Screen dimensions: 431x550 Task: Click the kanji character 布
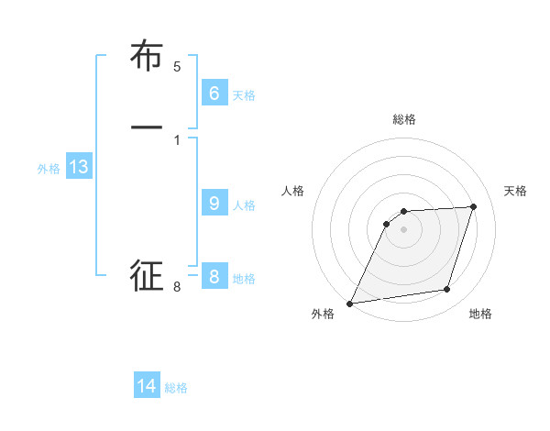[x=147, y=57]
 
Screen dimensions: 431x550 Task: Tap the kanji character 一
[x=147, y=127]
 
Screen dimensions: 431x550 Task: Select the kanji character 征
[x=147, y=276]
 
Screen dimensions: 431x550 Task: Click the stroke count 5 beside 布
[x=177, y=66]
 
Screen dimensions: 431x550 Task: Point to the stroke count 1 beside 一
[x=177, y=139]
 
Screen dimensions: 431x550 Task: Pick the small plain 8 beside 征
[x=177, y=287]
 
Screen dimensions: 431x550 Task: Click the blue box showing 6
[x=214, y=94]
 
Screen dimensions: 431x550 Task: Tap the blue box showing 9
[x=214, y=204]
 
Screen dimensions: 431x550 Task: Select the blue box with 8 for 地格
[x=214, y=277]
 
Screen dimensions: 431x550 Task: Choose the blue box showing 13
[x=78, y=167]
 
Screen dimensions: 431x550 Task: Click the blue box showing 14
[x=147, y=386]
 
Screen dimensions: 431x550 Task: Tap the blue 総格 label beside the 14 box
[x=176, y=388]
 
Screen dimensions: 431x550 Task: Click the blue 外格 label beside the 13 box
[x=49, y=169]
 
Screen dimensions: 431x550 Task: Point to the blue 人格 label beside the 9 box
[x=244, y=205]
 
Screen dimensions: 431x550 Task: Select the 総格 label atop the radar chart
[x=404, y=119]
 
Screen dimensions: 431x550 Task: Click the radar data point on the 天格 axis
[x=474, y=207]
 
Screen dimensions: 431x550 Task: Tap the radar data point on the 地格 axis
[x=447, y=290]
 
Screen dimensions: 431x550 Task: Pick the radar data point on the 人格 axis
[x=387, y=223]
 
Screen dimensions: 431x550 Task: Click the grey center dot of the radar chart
[x=404, y=230]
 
